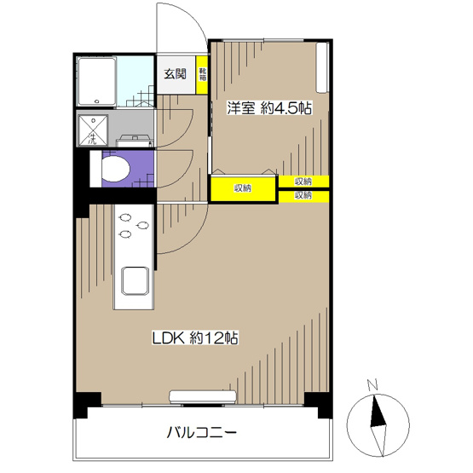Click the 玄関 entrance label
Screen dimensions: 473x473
tap(176, 73)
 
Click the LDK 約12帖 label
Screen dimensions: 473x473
tap(194, 337)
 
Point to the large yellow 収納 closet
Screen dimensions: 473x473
tap(244, 187)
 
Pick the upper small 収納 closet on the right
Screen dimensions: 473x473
tap(303, 181)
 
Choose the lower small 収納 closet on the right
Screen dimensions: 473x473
tap(303, 195)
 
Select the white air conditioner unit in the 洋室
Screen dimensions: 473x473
tap(322, 67)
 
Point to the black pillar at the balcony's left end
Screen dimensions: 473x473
tap(82, 402)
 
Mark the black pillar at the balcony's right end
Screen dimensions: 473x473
tap(317, 402)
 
